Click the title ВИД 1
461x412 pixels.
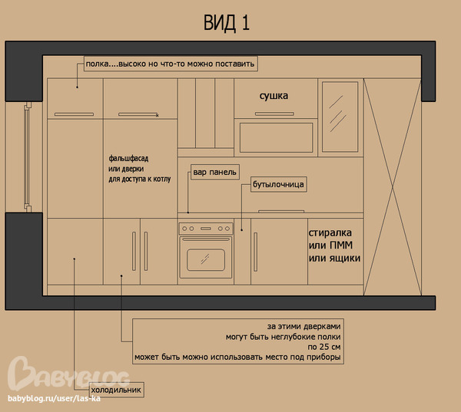point(227,23)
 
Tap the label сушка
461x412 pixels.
point(274,96)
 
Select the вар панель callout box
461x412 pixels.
point(215,172)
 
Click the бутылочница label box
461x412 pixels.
point(278,184)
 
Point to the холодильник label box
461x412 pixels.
point(117,390)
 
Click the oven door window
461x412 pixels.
point(206,260)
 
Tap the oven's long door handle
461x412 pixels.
point(206,239)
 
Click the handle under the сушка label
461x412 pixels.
point(274,114)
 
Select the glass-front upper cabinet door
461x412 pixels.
point(340,117)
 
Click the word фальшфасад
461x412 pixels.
point(128,159)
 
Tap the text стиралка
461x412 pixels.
point(330,233)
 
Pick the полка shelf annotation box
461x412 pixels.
point(171,64)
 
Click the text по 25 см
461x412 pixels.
point(324,347)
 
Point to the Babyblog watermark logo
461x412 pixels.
point(68,374)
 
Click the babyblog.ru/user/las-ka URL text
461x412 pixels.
point(54,398)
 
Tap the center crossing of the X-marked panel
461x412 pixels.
point(393,186)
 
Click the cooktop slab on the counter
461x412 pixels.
point(281,211)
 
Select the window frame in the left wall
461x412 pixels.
point(28,157)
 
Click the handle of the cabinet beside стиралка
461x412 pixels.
point(256,252)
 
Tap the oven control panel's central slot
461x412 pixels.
point(206,229)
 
